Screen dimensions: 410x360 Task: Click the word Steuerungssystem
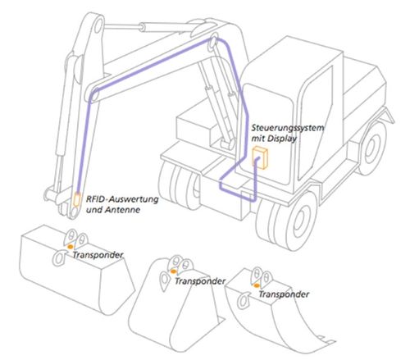coord(288,128)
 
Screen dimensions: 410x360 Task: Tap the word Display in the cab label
coord(282,139)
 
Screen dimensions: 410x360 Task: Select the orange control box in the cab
coord(260,157)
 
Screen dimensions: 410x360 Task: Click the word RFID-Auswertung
coord(122,199)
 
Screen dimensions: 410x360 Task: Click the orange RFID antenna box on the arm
coord(76,199)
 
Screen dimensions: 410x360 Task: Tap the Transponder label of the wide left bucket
coord(98,255)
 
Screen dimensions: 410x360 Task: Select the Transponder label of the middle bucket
coord(200,281)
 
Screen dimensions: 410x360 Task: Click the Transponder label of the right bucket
coord(284,294)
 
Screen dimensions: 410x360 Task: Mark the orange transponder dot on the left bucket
coord(71,247)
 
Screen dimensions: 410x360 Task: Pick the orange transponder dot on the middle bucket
coord(173,271)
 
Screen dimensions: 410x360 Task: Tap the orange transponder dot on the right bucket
coord(257,285)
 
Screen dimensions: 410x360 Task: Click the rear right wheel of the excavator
coord(372,148)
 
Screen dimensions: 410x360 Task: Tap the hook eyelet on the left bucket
coord(59,258)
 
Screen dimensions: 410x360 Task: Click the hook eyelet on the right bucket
coord(243,300)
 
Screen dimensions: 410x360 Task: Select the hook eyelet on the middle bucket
coord(165,280)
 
